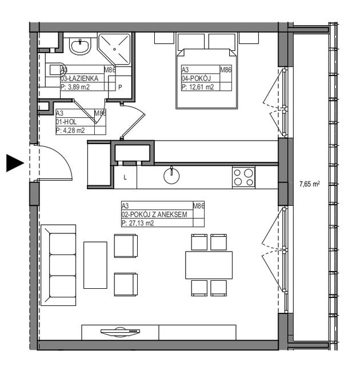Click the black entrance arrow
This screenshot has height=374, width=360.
pos(15,163)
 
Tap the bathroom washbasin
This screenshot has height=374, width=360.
pos(80,46)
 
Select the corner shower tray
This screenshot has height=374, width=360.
pos(114,50)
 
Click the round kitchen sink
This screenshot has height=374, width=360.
pos(171,176)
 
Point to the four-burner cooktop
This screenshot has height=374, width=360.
pos(243,177)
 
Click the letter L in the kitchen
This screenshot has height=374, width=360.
pos(125,177)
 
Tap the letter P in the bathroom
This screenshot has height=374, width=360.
pos(120,87)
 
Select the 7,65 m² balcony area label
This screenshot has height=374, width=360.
pos(310,184)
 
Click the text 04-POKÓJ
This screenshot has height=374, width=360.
pos(196,78)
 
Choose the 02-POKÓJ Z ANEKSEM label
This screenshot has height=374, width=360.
pos(154,214)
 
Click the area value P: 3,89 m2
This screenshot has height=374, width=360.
pos(75,87)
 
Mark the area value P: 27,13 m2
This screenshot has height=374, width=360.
pos(138,223)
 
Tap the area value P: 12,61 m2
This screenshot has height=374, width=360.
pos(198,87)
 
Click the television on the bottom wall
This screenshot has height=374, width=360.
pos(120,332)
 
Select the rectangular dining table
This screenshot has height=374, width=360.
pos(209,265)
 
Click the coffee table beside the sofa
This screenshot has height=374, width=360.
pos(95,265)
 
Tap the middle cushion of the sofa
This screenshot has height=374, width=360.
pos(63,265)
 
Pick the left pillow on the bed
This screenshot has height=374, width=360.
pos(191,42)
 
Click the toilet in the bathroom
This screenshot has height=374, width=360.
pos(55,70)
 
